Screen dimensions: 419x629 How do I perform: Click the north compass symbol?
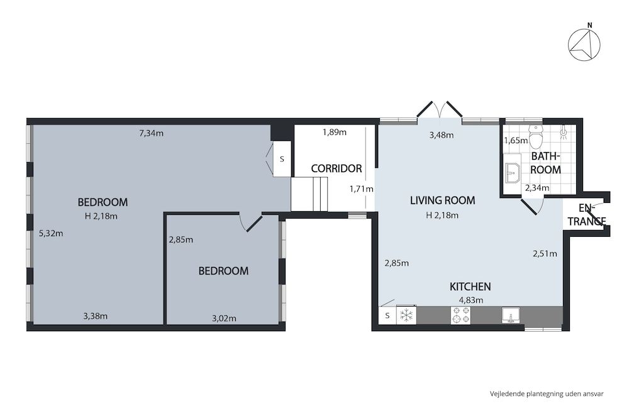coord(584,45)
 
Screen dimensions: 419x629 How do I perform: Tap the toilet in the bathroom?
coord(536,136)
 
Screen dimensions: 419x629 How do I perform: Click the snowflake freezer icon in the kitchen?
coord(407,315)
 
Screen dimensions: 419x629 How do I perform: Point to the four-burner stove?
coord(460,315)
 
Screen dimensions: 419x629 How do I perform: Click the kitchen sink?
coord(511,315)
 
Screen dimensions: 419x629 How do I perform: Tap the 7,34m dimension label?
coord(151,133)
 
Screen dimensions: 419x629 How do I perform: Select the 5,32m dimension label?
coord(51,233)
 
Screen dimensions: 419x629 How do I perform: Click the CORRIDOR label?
coord(337,168)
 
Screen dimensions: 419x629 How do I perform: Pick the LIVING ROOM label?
coord(442,201)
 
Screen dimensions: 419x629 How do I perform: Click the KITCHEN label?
coord(470,286)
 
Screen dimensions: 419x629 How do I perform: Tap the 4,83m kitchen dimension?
coord(470,300)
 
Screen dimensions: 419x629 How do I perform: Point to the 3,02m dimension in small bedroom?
coord(223,318)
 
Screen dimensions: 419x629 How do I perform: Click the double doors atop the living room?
coord(440,110)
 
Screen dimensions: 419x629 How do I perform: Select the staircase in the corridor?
coord(310,194)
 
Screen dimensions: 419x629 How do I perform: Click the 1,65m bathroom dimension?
coord(516,141)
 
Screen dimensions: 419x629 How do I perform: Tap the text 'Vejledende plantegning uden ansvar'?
coord(547,394)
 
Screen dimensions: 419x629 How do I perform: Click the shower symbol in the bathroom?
coord(564,132)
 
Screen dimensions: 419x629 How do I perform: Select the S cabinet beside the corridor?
coord(282,159)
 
